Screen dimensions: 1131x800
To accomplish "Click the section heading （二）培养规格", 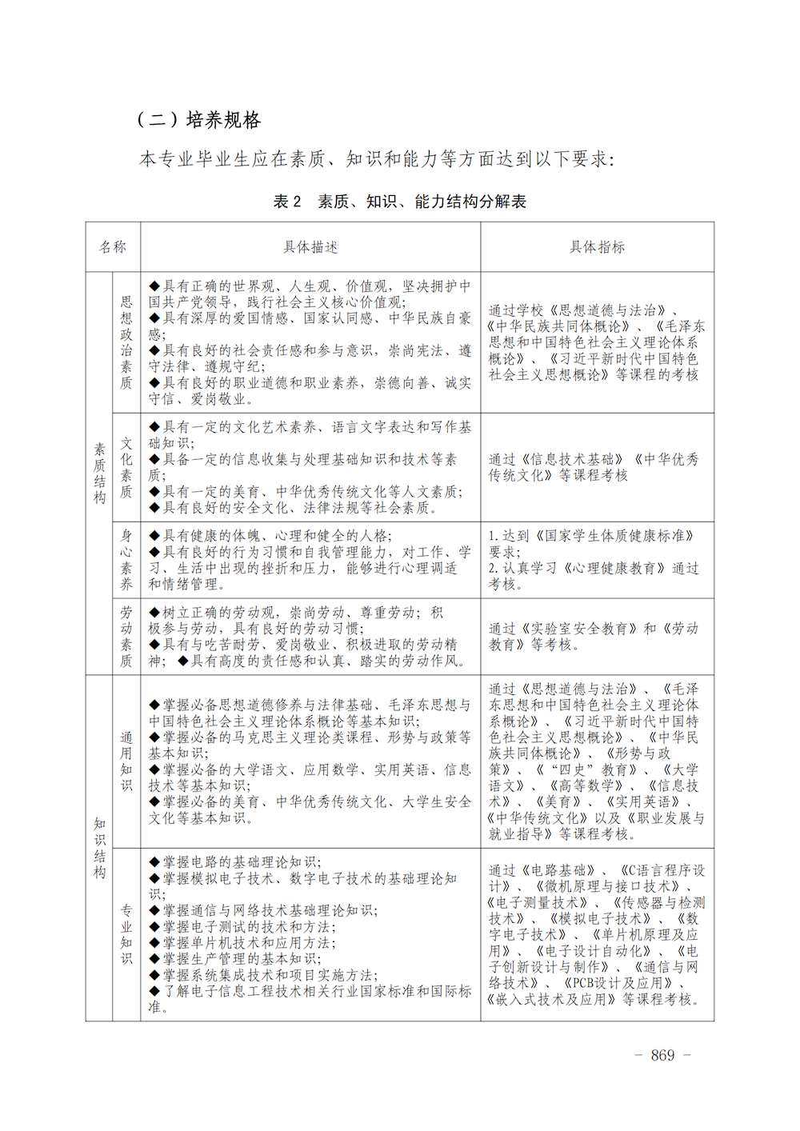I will (199, 120).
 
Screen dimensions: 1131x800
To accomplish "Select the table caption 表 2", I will (287, 202).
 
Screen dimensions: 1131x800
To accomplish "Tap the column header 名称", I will (113, 247).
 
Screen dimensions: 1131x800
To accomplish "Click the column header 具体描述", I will (310, 247).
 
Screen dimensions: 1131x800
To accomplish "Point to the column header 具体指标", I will (597, 247).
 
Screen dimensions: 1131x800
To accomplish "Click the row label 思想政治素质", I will (126, 342).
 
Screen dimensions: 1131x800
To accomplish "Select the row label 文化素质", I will (126, 467).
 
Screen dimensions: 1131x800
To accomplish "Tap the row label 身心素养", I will (126, 560).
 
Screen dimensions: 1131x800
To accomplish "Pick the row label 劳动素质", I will (126, 637).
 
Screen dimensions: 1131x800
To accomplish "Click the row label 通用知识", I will (126, 761).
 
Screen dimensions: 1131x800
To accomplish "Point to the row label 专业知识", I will (126, 934).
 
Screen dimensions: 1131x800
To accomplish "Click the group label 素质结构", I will (99, 474).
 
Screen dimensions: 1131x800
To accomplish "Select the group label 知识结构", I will (99, 848).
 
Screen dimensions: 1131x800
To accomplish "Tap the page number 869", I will (662, 1056).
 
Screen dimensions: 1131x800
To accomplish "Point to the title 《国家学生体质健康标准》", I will (614, 536).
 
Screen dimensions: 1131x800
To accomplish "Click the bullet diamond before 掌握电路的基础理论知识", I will (154, 862).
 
